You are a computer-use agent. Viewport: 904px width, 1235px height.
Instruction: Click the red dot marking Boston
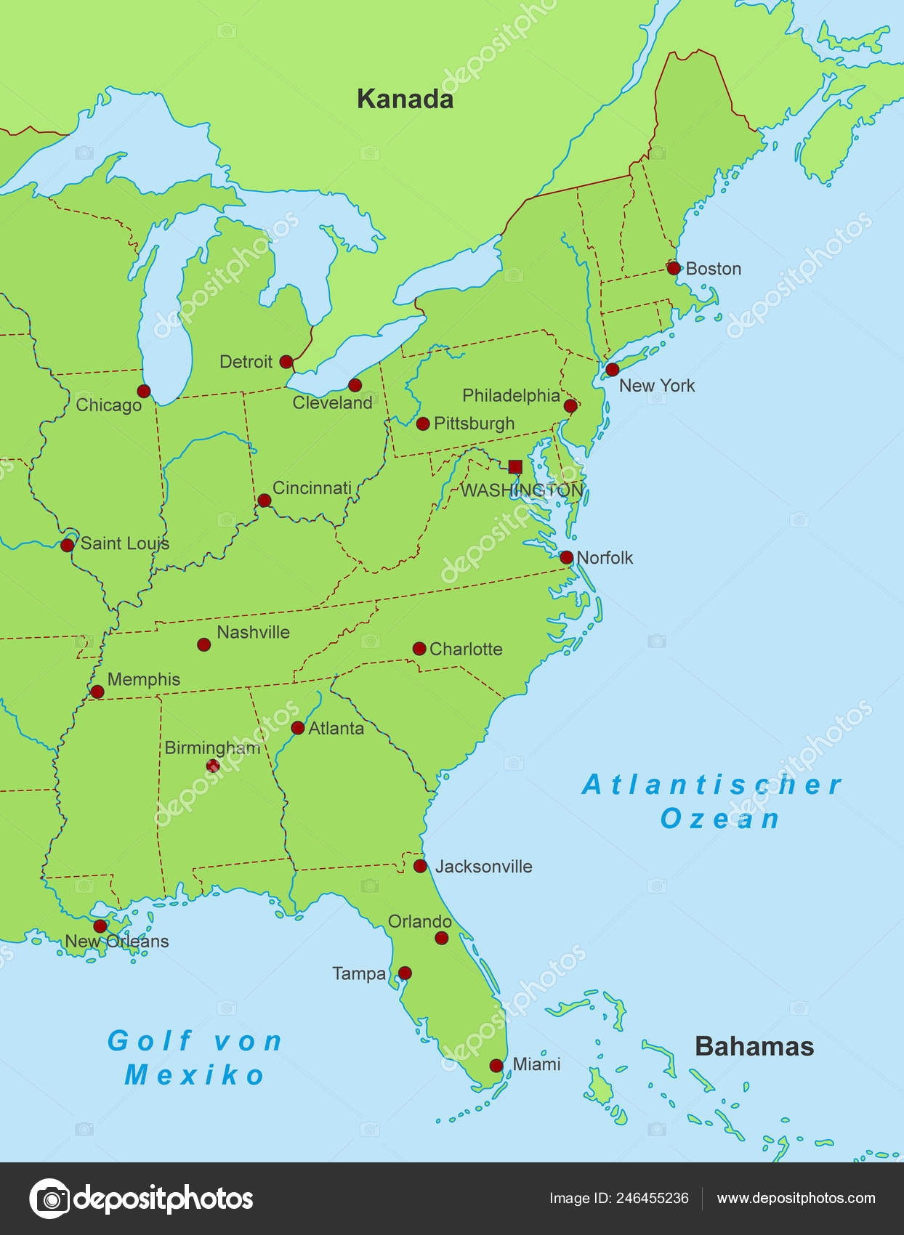(674, 268)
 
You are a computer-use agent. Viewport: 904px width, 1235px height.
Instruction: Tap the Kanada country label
(405, 99)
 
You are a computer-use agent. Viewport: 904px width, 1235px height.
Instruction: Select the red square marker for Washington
(515, 466)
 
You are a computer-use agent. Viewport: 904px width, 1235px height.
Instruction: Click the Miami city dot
(496, 1066)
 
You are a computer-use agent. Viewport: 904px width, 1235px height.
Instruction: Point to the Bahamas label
(754, 1046)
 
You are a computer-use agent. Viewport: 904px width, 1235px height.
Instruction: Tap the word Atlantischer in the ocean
(711, 785)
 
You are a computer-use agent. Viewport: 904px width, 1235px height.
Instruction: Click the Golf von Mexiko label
(194, 1058)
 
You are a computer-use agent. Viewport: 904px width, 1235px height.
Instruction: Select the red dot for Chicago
(144, 392)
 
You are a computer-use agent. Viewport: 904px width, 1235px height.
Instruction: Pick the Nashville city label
(253, 632)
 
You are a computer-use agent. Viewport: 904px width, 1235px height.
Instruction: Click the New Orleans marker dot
(100, 926)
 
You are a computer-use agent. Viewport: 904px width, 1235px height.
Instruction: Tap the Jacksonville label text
(483, 866)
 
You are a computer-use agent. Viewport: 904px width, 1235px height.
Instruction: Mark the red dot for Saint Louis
(68, 545)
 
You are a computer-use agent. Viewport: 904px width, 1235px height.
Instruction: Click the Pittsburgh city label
(474, 423)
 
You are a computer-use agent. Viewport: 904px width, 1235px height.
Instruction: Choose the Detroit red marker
(286, 362)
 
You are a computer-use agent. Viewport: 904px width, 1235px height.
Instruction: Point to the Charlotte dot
(419, 649)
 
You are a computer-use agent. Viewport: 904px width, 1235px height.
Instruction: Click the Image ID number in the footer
(652, 1198)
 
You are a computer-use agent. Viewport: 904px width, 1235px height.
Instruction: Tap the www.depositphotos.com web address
(796, 1198)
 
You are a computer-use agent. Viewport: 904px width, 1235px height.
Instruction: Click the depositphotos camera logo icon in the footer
(49, 1199)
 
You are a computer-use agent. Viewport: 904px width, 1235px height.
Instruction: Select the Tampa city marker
(405, 973)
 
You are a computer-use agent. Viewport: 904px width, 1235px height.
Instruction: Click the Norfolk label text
(605, 557)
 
